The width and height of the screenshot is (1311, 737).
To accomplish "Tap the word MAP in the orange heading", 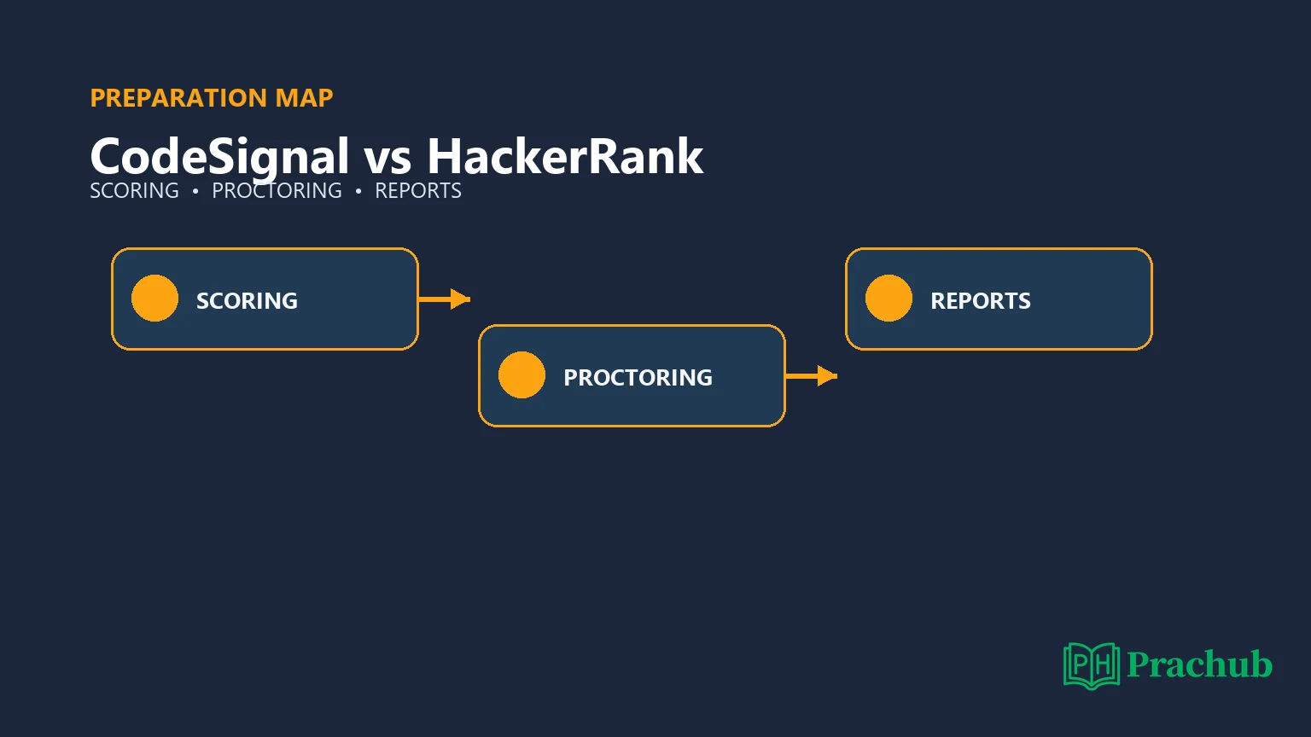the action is tap(305, 98).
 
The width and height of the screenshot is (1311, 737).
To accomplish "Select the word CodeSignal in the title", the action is tap(219, 157).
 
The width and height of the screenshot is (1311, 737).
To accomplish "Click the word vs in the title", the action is tap(387, 160).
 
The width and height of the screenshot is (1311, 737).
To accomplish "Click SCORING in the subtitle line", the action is tap(134, 191).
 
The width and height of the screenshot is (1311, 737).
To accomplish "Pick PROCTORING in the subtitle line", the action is tap(277, 191).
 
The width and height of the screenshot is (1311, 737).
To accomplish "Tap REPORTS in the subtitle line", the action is tap(418, 191).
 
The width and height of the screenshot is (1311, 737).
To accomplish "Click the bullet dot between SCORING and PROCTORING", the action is tap(195, 191).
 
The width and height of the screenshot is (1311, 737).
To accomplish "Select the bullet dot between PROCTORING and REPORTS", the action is tap(358, 191).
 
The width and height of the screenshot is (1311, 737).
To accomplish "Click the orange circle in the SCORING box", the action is tap(154, 299).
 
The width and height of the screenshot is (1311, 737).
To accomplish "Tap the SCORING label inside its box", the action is tap(247, 300).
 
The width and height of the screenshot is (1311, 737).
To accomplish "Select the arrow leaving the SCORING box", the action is tap(444, 299).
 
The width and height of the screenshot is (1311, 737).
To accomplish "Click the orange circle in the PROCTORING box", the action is tap(521, 375).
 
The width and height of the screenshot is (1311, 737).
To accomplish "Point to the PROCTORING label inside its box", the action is tap(638, 377).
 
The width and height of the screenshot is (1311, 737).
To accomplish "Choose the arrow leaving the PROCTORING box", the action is tap(811, 376).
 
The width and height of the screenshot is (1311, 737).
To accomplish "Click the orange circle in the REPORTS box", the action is tap(889, 299).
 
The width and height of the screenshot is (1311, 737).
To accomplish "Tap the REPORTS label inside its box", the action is tap(981, 300).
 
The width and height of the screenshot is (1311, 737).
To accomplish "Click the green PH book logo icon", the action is tap(1092, 665).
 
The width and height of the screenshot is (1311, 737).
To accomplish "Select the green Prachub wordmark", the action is tap(1199, 664).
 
